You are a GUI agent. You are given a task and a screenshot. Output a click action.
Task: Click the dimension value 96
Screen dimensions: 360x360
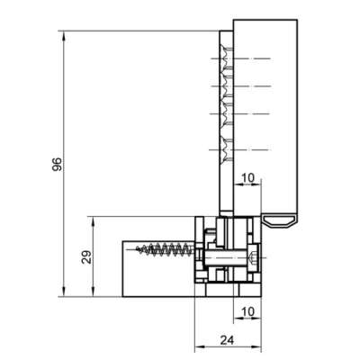point(58,164)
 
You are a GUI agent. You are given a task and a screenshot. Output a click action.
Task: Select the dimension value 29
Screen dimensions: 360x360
point(86,257)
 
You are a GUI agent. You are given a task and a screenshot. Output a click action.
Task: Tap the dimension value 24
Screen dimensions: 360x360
point(227,340)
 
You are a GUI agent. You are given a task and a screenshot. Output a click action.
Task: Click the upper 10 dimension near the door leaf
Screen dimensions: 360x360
point(247,177)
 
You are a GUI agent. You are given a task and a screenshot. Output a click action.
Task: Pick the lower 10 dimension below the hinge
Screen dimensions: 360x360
point(247,311)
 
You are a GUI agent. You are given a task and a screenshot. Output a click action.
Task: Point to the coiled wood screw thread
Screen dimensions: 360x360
point(165,249)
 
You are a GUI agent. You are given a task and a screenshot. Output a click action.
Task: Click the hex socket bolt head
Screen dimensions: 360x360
point(253,258)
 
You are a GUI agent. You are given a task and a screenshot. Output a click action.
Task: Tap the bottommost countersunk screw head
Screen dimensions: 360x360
point(223,149)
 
